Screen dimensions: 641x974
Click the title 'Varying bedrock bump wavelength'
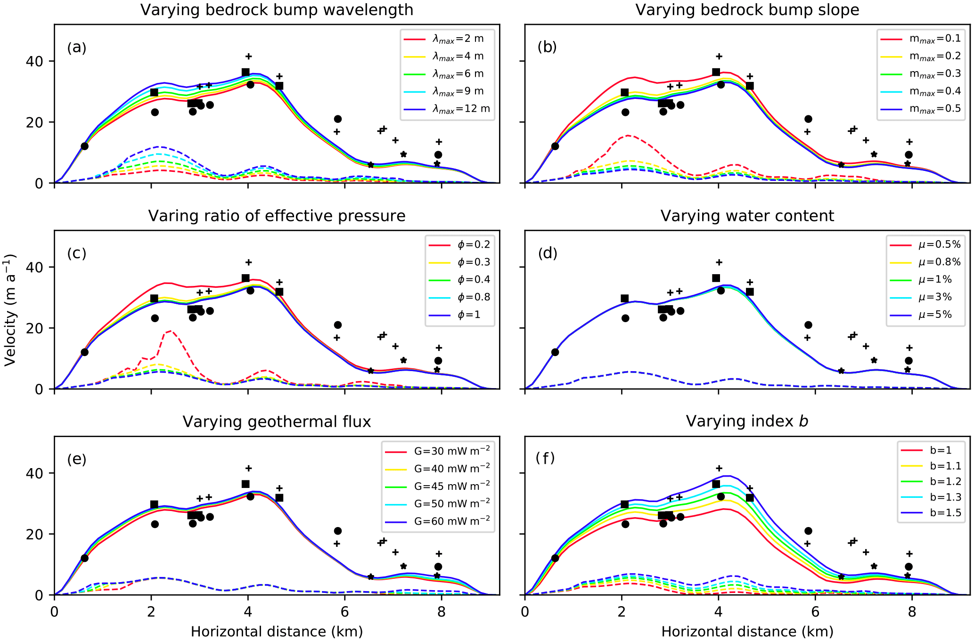277,10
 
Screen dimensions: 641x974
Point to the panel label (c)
77,253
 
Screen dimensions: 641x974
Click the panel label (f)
546,458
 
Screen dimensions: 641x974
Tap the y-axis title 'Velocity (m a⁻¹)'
10,309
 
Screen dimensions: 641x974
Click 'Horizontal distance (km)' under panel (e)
277,632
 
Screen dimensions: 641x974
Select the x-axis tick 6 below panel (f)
815,612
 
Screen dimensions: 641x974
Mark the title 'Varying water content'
747,216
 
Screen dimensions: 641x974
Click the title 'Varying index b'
747,422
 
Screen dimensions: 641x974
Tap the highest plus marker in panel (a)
249,57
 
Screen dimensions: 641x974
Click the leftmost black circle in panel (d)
555,352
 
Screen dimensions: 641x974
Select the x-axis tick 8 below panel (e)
442,612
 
